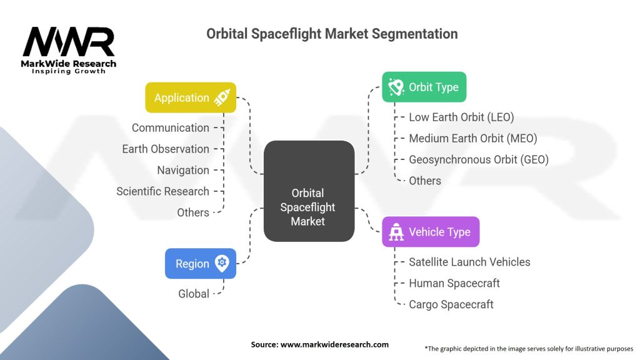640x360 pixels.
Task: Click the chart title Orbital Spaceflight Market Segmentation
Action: (x=332, y=34)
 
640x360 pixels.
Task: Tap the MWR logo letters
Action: (x=69, y=42)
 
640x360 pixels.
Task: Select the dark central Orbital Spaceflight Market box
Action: (x=309, y=191)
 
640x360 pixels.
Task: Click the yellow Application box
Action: (x=190, y=97)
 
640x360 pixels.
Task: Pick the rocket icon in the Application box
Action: (x=221, y=97)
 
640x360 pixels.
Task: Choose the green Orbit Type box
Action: (x=424, y=87)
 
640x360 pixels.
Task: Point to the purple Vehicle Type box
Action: (x=431, y=232)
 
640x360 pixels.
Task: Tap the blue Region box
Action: (x=200, y=263)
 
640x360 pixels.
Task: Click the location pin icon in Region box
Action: (x=221, y=263)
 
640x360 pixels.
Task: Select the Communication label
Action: (x=171, y=127)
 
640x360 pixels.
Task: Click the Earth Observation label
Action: (x=166, y=149)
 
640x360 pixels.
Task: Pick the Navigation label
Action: (x=183, y=170)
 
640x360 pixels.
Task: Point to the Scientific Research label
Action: (x=162, y=191)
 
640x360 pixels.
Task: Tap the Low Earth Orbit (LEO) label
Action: (x=461, y=117)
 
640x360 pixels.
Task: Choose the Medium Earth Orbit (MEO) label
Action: (x=472, y=138)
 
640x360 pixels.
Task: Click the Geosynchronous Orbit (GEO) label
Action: (x=478, y=159)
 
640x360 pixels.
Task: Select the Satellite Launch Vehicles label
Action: (x=469, y=262)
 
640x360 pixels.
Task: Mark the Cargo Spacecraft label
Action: (x=451, y=304)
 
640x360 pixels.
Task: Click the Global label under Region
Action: (x=194, y=293)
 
